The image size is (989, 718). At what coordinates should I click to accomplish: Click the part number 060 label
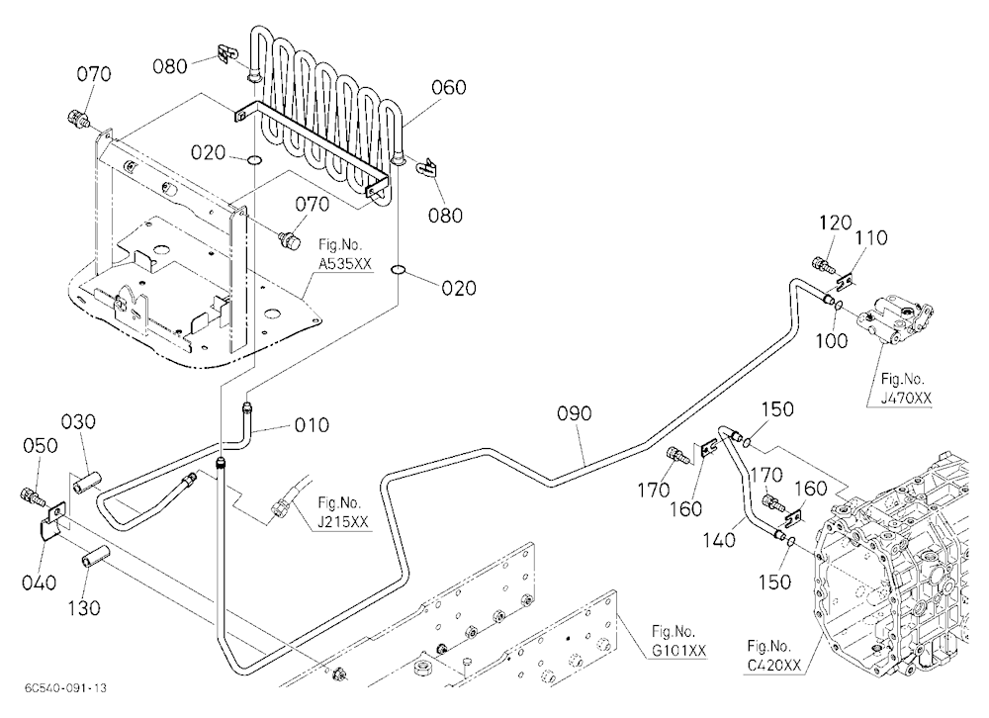(448, 88)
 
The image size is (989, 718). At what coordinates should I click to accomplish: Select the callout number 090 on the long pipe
(574, 414)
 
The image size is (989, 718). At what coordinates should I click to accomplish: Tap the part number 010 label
(312, 425)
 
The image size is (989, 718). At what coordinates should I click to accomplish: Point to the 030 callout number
(78, 421)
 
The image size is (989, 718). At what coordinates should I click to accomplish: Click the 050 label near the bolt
(41, 446)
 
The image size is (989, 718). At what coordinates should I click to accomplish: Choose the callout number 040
(40, 583)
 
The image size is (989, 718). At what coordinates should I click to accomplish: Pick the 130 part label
(84, 608)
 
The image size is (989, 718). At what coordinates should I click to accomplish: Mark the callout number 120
(835, 223)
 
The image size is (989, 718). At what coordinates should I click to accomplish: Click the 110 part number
(871, 238)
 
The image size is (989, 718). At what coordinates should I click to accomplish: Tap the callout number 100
(832, 341)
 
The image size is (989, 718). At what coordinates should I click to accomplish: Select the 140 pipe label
(720, 540)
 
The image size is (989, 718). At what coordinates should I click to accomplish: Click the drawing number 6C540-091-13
(66, 687)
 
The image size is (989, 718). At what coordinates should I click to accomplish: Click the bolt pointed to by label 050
(34, 495)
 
